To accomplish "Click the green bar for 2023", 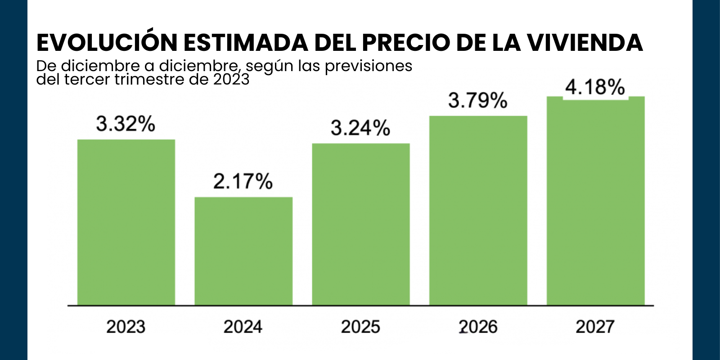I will tap(126, 222).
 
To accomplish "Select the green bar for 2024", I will tap(243, 251).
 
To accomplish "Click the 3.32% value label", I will tap(126, 124).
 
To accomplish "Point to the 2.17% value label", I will tap(243, 181).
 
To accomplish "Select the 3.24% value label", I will tap(360, 128).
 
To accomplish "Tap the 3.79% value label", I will tap(478, 100).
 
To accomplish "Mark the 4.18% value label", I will tap(595, 87).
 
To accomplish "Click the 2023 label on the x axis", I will tap(126, 327).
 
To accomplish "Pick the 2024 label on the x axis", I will tap(243, 327).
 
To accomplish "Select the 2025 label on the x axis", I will tap(360, 327).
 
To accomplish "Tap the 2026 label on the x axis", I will tap(478, 327).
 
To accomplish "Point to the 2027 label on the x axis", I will tap(595, 327).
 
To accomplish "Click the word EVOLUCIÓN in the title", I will tap(107, 43).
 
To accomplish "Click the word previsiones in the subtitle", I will tap(369, 66).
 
